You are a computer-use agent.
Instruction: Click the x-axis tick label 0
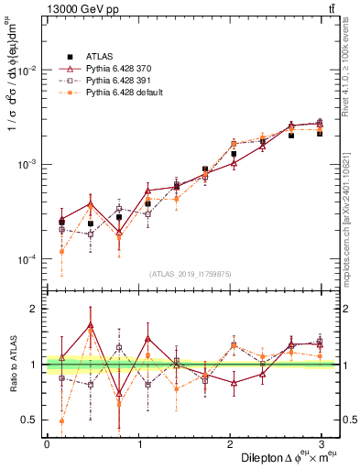click(x=47, y=444)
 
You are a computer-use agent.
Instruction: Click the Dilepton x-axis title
click(x=284, y=457)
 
